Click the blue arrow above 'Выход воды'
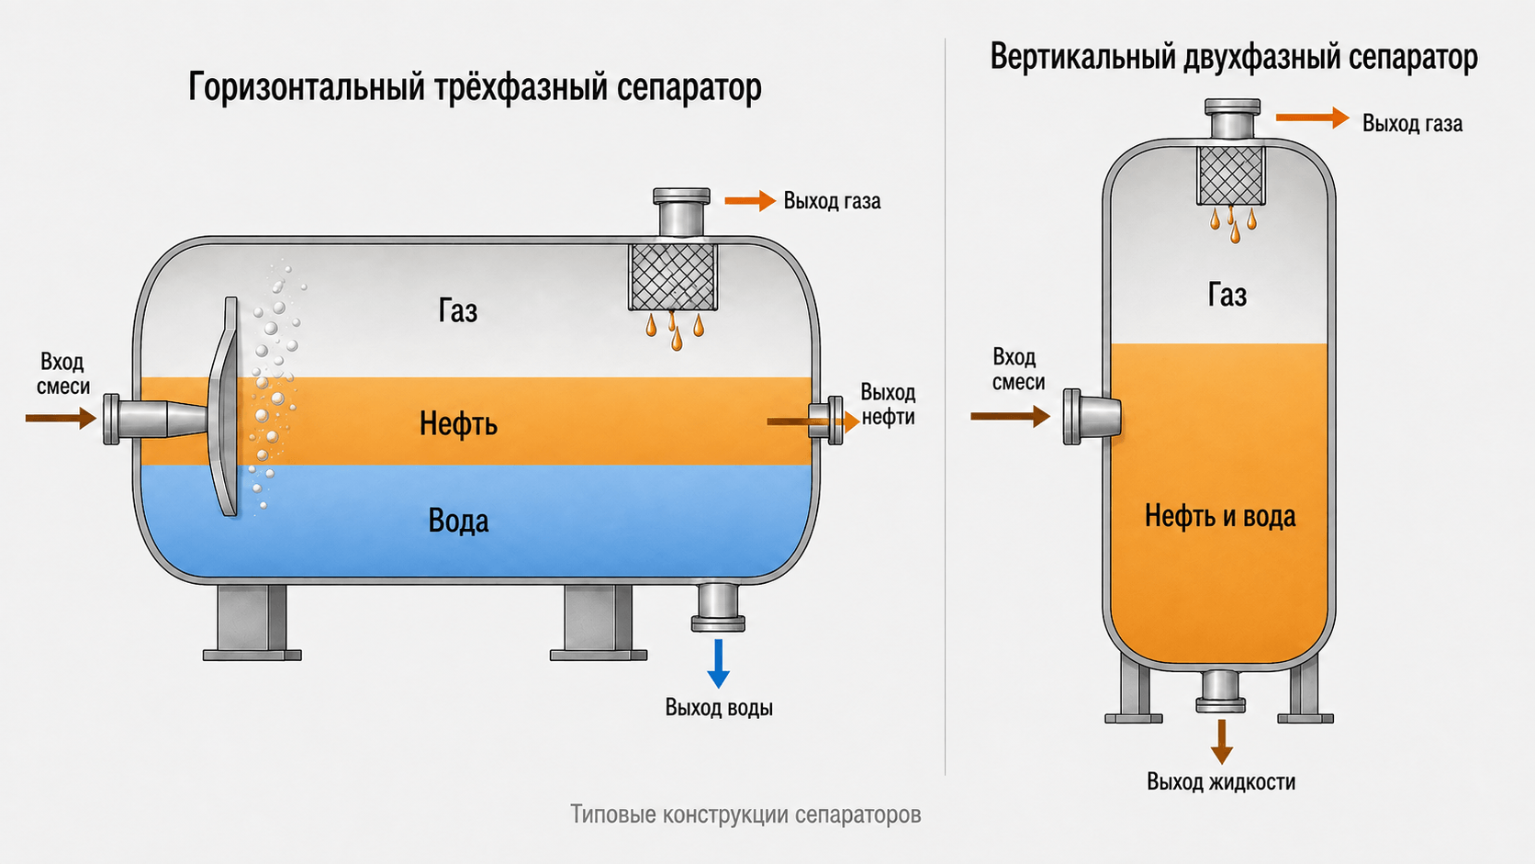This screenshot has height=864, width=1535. [718, 663]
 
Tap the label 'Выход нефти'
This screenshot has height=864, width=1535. [888, 404]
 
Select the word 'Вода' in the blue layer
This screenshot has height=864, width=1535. [458, 521]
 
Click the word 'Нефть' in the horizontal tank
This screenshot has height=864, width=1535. [458, 424]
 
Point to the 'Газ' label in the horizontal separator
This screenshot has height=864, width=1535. [458, 310]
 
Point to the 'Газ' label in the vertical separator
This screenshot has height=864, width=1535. [1227, 296]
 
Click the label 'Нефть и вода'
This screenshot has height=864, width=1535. [1220, 516]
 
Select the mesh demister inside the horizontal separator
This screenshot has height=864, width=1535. [673, 277]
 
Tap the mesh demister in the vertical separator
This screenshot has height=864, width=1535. [1231, 175]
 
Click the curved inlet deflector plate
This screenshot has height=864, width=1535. [225, 406]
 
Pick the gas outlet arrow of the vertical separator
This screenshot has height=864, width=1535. [1312, 118]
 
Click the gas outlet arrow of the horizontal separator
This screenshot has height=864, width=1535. [750, 201]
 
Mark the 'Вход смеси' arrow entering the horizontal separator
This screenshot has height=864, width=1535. [61, 418]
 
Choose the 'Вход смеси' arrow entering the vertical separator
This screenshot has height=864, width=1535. [1011, 415]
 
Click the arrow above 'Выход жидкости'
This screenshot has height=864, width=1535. [1221, 741]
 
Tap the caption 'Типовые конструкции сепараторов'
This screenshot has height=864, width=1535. [745, 814]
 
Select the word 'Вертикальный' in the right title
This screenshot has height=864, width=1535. [1083, 57]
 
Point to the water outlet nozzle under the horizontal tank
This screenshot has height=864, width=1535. [718, 607]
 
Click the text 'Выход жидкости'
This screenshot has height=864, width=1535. [1221, 781]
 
